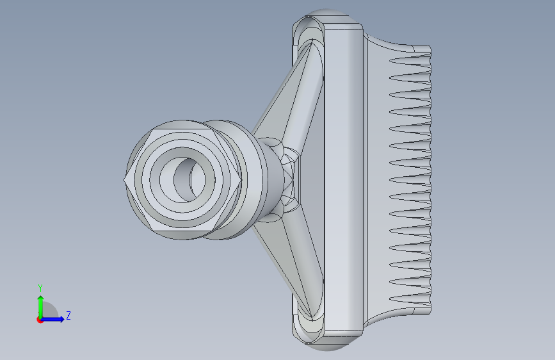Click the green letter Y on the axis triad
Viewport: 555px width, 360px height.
tap(40, 288)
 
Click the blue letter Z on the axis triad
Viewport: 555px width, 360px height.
tap(68, 315)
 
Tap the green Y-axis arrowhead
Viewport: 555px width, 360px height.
tap(41, 299)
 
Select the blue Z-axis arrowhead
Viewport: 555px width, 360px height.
tap(61, 319)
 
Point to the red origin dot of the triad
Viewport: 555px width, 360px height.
tap(40, 320)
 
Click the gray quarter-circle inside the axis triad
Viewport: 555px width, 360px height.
tap(49, 310)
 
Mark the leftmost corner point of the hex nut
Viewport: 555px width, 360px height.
tap(124, 179)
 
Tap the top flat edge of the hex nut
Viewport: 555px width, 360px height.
tap(183, 129)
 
